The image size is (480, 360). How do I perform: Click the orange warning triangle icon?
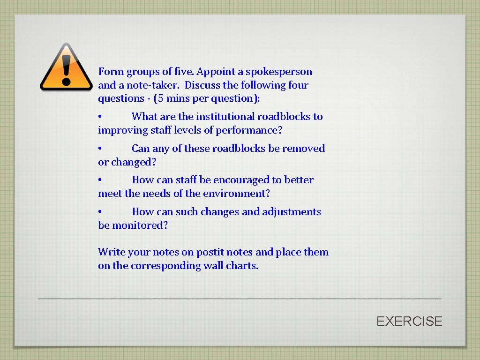[66, 67]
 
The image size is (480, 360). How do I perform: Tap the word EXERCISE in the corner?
[409, 321]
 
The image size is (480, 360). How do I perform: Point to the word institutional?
[225, 117]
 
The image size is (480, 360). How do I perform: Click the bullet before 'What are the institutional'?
[100, 117]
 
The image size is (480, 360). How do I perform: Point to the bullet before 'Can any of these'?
[100, 149]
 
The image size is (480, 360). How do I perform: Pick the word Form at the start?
[111, 72]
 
